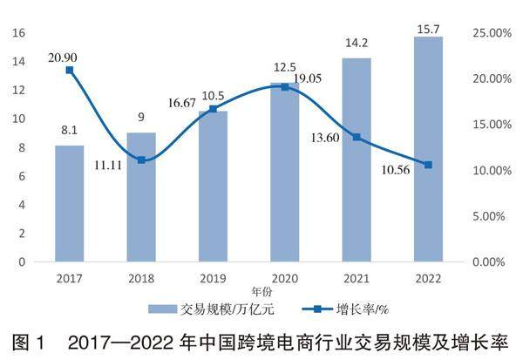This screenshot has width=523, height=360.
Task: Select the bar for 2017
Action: (x=70, y=203)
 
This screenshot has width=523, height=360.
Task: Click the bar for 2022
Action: (x=428, y=148)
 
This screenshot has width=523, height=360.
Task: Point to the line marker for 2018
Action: (x=141, y=160)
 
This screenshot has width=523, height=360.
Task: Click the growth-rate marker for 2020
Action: (x=284, y=87)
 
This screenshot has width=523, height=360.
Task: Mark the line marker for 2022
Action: (x=428, y=165)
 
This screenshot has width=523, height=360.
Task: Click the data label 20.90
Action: (x=67, y=55)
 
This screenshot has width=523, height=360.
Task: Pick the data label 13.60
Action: (x=329, y=137)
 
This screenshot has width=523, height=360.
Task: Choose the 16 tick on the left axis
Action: (x=19, y=33)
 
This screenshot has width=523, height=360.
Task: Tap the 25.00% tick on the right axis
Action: (x=489, y=33)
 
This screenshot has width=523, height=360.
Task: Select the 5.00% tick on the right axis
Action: (x=487, y=215)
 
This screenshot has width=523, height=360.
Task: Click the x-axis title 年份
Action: (x=262, y=289)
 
